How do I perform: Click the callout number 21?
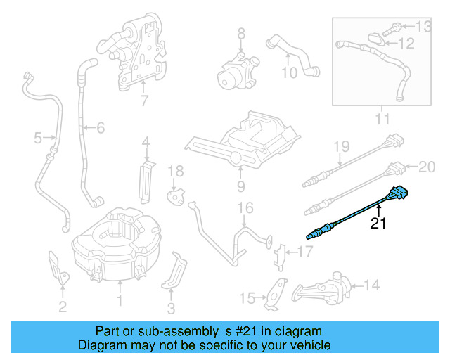(379, 224)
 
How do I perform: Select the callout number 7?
(143, 101)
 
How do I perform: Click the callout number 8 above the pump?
(240, 33)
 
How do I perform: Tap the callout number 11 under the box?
(381, 120)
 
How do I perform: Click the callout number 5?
(38, 139)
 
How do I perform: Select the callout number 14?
(372, 285)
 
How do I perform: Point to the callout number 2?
(63, 306)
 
